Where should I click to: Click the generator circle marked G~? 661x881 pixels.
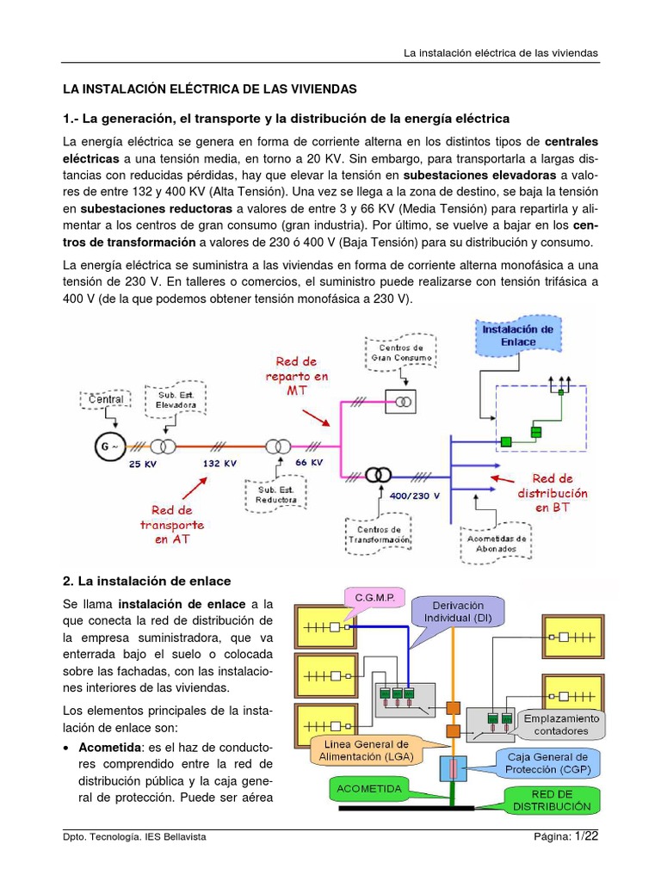(108, 446)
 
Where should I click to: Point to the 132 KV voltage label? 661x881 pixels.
(219, 463)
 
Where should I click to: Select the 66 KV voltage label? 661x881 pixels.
(309, 462)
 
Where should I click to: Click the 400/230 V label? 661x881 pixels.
(414, 496)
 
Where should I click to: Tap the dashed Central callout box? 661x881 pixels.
(107, 399)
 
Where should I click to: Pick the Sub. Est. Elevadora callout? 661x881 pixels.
(176, 399)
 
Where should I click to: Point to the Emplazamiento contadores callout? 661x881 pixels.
(560, 724)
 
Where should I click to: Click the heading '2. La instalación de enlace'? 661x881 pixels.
(147, 582)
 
